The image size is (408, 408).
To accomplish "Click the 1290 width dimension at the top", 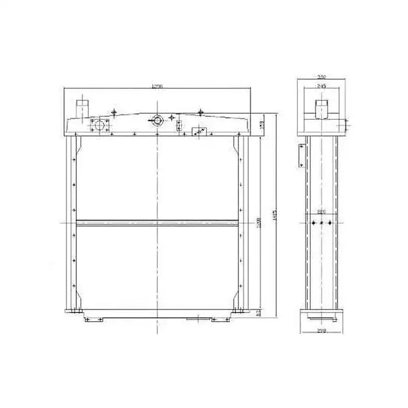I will pyautogui.click(x=156, y=86).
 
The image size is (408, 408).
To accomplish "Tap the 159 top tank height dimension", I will pyautogui.click(x=262, y=124).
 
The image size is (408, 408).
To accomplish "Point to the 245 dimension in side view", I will pyautogui.click(x=321, y=86).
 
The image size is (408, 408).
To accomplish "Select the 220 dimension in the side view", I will pyautogui.click(x=321, y=211).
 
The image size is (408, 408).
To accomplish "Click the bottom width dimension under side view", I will pyautogui.click(x=321, y=330).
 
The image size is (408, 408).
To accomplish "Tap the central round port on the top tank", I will pyautogui.click(x=156, y=121).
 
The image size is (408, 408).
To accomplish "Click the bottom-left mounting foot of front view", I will pyautogui.click(x=93, y=319).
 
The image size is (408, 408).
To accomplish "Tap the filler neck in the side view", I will pyautogui.click(x=322, y=108).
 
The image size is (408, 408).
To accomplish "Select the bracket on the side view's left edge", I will pyautogui.click(x=301, y=155).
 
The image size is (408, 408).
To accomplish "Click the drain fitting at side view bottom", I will pyautogui.click(x=320, y=318).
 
